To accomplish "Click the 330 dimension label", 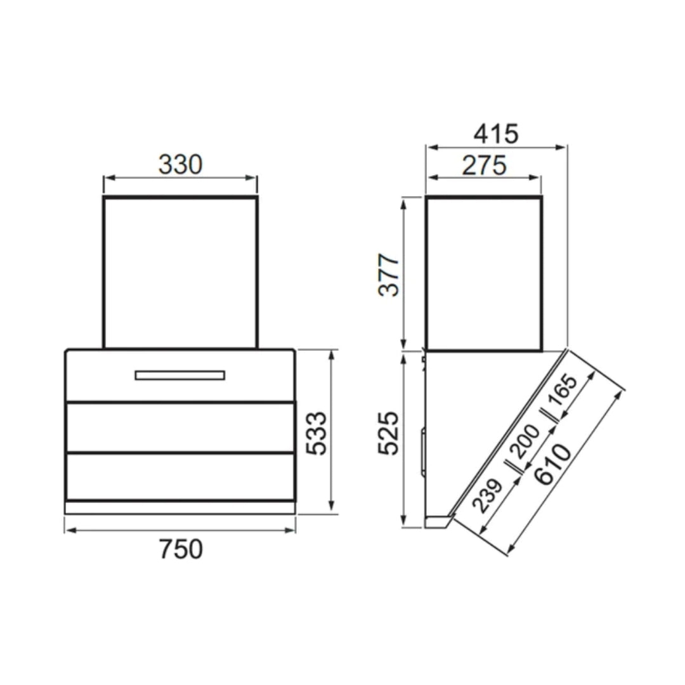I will pos(180,165).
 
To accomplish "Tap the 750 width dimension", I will pos(181,549).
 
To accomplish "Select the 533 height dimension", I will pos(315,433).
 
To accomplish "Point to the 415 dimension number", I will pos(496,134).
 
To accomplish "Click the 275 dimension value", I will pos(484,166).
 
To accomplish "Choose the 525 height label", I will pos(388,433).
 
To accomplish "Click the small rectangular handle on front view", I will pos(179,375).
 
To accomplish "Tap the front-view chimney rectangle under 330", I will pos(180,273).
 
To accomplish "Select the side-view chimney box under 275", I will pos(484,274).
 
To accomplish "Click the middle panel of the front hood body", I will pos(180,427).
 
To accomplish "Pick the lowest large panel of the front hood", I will pos(180,476).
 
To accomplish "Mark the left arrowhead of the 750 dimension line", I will pos(68,530).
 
